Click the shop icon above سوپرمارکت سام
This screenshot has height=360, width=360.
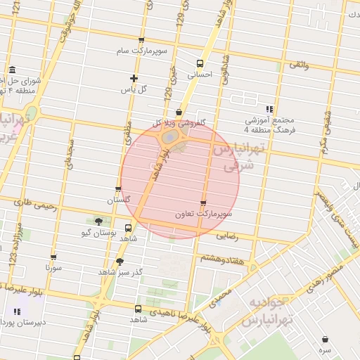141,41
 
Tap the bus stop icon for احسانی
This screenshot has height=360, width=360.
200,63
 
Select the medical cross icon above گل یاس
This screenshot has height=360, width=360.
134,78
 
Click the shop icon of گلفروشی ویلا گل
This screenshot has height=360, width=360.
179,112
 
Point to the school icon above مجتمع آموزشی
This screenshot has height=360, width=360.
269,109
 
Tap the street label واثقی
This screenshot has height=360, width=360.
299,65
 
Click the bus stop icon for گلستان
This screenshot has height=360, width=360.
118,189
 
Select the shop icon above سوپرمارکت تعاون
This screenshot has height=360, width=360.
204,202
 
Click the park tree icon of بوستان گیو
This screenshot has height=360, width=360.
98,221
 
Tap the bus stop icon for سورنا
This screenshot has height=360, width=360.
53,257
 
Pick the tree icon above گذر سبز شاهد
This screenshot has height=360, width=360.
120,262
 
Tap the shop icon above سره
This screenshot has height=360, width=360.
324,339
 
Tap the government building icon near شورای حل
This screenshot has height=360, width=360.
13,70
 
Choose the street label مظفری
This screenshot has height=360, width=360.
128,134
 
